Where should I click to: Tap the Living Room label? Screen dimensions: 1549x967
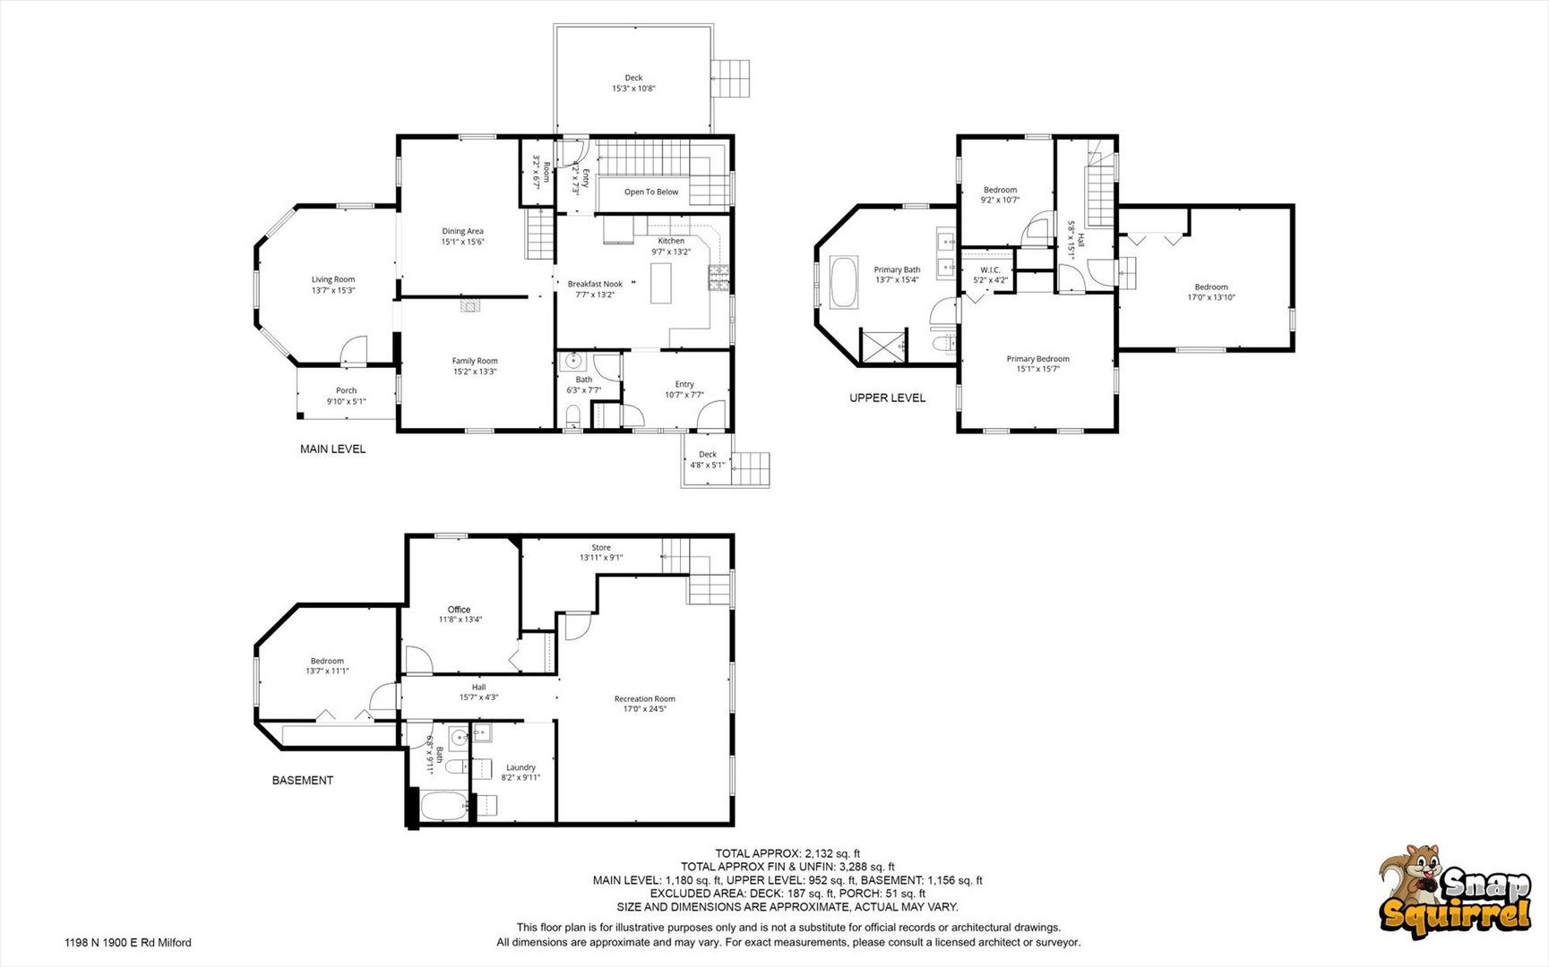coord(333,279)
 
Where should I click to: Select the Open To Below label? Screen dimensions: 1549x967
coord(651,192)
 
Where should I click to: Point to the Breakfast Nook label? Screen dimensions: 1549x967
coord(595,284)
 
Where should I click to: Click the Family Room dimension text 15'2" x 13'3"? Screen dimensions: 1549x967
coord(475,372)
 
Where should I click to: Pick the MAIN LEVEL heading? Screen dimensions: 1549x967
coord(333,449)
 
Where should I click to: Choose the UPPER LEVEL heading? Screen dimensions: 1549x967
coord(888,398)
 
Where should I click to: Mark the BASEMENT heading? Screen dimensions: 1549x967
coord(303,780)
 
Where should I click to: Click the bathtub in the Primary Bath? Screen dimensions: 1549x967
coord(843,283)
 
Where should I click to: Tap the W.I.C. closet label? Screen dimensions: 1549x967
coord(990,270)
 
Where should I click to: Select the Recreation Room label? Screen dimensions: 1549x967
coord(645,698)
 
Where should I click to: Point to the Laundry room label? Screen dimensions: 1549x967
coord(521,767)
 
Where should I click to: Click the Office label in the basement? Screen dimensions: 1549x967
coord(459,610)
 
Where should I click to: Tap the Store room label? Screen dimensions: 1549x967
coord(601,547)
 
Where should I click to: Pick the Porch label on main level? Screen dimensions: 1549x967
coord(347,390)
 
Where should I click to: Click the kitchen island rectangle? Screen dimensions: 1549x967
coord(661,282)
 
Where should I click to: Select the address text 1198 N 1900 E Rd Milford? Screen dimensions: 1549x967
coord(128,942)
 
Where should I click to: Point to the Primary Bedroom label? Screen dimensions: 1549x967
coord(1038,359)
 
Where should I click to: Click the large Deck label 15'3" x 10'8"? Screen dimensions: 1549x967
coord(634,83)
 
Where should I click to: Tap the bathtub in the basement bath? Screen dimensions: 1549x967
coord(444,808)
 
